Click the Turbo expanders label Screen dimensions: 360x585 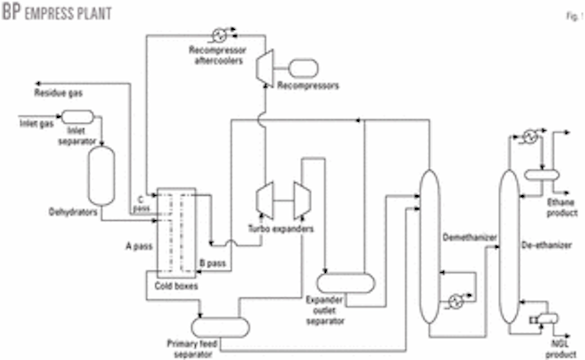point(281,228)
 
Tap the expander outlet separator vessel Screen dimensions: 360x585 point(345,281)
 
